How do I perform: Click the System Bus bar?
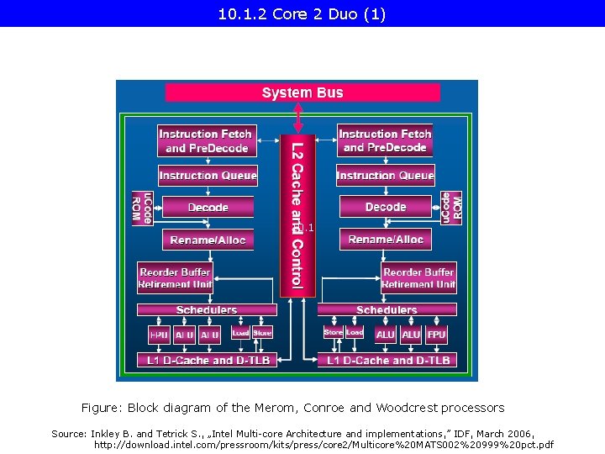[x=302, y=92]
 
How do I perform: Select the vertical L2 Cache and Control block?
[x=297, y=214]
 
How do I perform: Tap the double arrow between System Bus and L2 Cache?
[x=298, y=118]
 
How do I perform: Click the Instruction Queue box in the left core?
[x=208, y=176]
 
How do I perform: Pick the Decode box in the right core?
[x=386, y=207]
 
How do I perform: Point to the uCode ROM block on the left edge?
[x=142, y=208]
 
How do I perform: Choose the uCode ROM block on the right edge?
[x=451, y=207]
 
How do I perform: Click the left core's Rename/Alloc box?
[x=208, y=240]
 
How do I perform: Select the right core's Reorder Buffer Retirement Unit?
[x=418, y=278]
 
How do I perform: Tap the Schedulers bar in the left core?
[x=207, y=310]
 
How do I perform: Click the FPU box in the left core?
[x=159, y=335]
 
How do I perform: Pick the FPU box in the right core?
[x=436, y=334]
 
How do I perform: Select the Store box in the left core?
[x=262, y=333]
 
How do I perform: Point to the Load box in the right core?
[x=355, y=333]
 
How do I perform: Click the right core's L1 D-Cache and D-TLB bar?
[x=387, y=360]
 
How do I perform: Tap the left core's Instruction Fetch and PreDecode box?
[x=206, y=140]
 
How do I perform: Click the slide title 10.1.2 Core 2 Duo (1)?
[x=302, y=14]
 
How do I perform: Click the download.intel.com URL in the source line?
[x=324, y=444]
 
